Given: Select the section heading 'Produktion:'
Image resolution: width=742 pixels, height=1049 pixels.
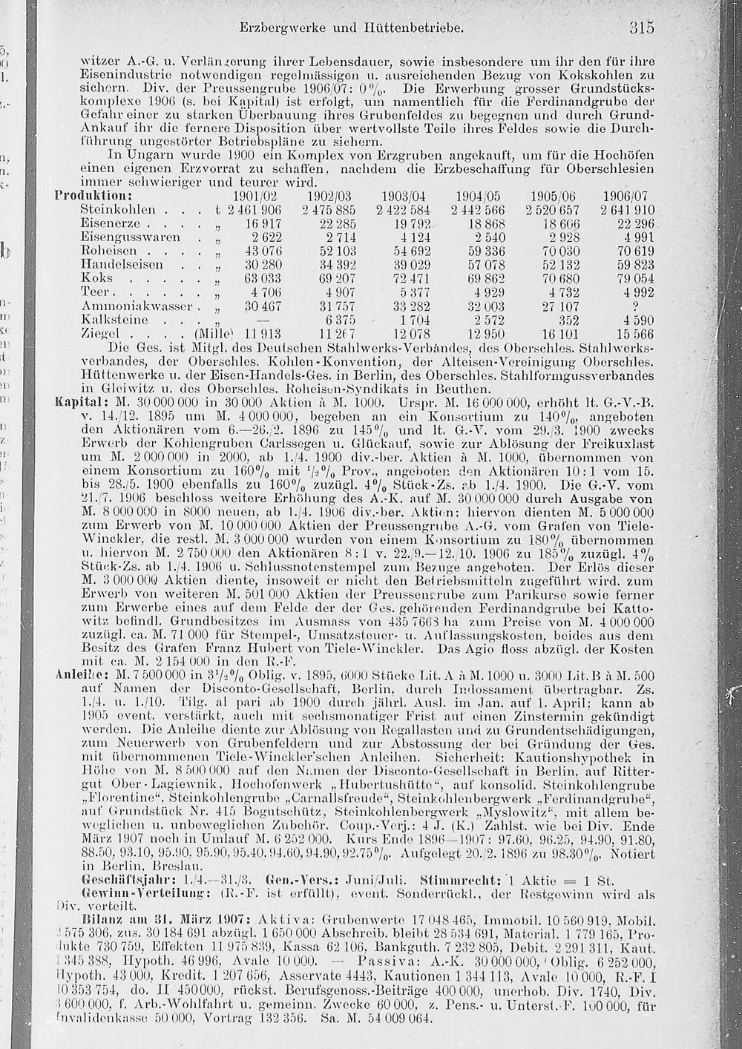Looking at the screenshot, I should pyautogui.click(x=93, y=196).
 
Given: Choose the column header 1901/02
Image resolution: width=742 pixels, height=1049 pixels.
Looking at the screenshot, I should pyautogui.click(x=255, y=196).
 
